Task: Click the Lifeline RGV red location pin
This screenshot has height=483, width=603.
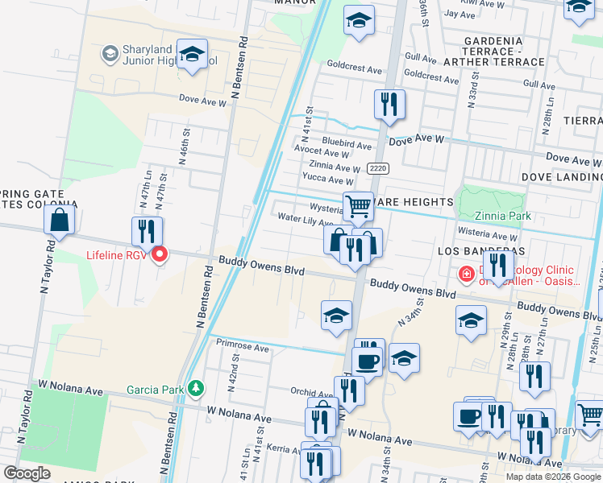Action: pos(160,255)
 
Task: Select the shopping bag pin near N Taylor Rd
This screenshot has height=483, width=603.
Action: pos(60,220)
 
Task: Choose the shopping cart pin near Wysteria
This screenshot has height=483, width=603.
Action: pos(358,207)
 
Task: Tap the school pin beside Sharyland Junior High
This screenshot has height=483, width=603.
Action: pos(192,55)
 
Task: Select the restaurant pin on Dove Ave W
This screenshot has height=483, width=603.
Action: pos(389,104)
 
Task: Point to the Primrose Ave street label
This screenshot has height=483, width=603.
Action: pos(243,348)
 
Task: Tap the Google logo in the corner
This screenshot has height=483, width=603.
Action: pos(27,473)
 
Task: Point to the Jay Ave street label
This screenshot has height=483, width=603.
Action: pos(460,14)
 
